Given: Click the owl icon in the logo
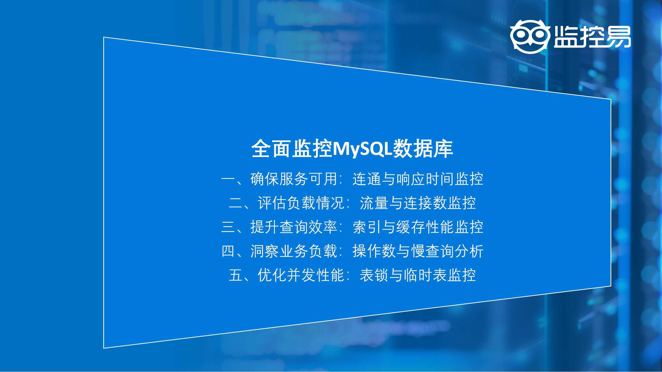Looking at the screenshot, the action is coord(530,37).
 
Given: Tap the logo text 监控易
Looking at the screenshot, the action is coord(592,37).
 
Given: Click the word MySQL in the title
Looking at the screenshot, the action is coord(362,149).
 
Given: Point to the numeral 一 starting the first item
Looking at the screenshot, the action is coord(228,179).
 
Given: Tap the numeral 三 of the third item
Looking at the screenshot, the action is coord(228,227).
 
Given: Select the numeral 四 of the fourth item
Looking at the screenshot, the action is coord(228,251).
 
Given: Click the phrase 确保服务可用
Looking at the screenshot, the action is coord(294,179).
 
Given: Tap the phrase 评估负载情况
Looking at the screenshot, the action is coord(301,203).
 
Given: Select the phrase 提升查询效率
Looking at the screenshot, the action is coord(294,227).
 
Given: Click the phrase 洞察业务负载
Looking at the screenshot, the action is coord(294,251).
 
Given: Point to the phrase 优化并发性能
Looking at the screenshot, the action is coord(301,275).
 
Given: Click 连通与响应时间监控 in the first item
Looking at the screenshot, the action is coord(418,179).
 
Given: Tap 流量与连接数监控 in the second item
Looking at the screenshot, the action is coord(418,203).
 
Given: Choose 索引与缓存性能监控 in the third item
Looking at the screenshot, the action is coord(418,227).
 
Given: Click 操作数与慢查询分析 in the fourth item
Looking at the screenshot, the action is coord(418,251).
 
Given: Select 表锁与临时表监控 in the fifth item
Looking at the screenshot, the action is coord(418,275).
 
